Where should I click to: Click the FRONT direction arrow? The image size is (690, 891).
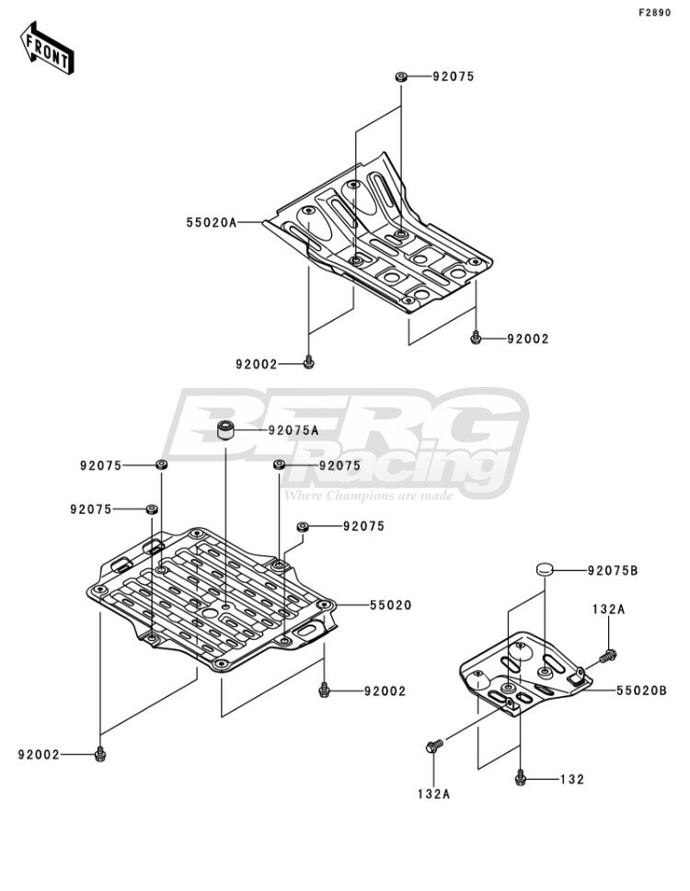tap(47, 48)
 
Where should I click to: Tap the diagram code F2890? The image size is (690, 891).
tap(654, 13)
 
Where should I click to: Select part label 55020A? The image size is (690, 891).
tap(211, 223)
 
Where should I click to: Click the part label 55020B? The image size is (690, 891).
tap(641, 691)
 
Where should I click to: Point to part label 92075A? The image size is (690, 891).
tap(293, 430)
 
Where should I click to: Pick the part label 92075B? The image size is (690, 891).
tap(613, 570)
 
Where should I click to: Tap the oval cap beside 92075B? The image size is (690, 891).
tap(545, 568)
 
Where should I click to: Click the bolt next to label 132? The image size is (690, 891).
tap(520, 778)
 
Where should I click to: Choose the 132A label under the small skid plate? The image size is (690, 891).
tap(433, 794)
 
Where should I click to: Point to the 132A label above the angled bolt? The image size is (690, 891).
tap(609, 609)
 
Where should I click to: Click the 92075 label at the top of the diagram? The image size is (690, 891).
tap(454, 76)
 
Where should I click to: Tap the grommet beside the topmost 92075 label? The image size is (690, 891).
tap(401, 76)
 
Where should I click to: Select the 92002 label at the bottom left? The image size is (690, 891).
tap(39, 755)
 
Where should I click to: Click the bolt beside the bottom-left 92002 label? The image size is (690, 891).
tap(100, 754)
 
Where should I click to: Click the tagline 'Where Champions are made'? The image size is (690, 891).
tap(368, 496)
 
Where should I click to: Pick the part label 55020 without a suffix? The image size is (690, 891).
tap(390, 605)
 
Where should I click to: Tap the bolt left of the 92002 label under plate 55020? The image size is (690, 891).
tap(324, 691)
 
